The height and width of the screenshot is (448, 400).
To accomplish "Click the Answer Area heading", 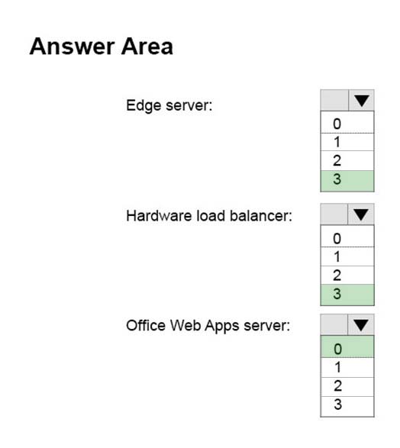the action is pyautogui.click(x=101, y=47).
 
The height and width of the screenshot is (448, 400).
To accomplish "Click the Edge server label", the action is pyautogui.click(x=169, y=105).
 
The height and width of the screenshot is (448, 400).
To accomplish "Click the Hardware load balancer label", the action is pyautogui.click(x=209, y=216).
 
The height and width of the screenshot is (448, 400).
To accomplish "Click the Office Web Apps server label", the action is pyautogui.click(x=208, y=326).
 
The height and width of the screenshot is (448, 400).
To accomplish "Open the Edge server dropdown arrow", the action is pyautogui.click(x=361, y=100).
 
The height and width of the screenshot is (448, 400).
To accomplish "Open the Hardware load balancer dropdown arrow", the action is pyautogui.click(x=361, y=214).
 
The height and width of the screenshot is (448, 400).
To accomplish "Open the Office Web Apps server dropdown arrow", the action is pyautogui.click(x=361, y=325).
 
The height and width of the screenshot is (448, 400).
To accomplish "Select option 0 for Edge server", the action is pyautogui.click(x=347, y=124).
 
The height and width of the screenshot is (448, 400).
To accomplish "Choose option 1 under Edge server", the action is pyautogui.click(x=347, y=142).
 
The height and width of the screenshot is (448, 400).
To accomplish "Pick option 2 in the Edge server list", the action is pyautogui.click(x=347, y=160).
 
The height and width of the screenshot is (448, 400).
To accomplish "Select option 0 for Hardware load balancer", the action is pyautogui.click(x=347, y=237).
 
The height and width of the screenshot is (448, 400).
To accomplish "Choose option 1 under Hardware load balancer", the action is pyautogui.click(x=347, y=256).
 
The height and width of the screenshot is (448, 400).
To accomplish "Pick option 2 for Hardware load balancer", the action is pyautogui.click(x=347, y=276).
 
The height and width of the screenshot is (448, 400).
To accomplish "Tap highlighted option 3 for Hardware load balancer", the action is pyautogui.click(x=347, y=295).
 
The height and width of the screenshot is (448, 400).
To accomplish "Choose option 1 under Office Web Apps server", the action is pyautogui.click(x=347, y=367).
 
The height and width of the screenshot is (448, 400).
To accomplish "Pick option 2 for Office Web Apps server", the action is pyautogui.click(x=347, y=387).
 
